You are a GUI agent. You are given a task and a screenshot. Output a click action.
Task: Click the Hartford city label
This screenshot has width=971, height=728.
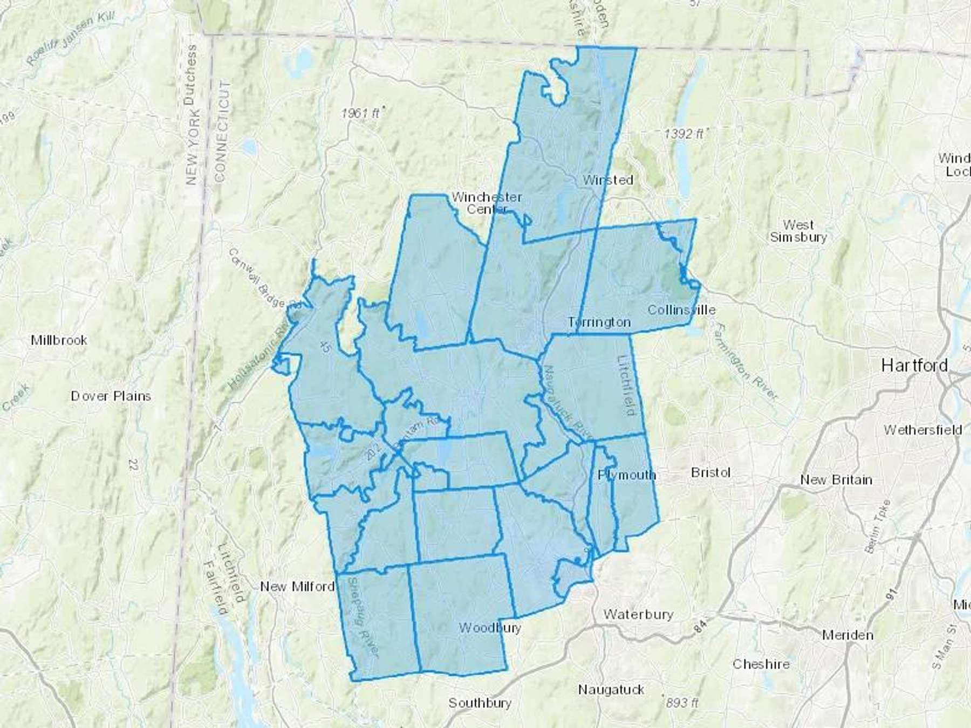click(x=914, y=366)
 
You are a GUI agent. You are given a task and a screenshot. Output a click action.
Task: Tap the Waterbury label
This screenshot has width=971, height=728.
click(x=638, y=614)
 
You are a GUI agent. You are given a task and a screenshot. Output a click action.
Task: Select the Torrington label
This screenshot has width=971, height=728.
click(x=599, y=322)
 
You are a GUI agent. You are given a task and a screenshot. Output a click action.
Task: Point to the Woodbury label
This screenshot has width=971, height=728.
click(x=490, y=628)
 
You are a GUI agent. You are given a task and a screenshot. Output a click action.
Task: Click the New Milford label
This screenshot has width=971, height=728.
click(x=297, y=587)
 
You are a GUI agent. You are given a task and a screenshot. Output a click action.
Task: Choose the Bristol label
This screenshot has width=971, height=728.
click(x=710, y=472)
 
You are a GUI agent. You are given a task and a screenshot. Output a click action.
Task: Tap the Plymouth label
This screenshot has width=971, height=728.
click(x=627, y=475)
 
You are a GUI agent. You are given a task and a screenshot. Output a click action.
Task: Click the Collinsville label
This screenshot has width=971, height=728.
click(x=681, y=310)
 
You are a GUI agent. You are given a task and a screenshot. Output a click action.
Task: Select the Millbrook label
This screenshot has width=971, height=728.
click(x=59, y=340)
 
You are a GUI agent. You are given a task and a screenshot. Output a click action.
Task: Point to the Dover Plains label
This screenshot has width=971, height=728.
click(x=111, y=396)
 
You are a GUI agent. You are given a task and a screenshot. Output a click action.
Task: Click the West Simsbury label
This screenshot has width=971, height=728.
click(x=798, y=230)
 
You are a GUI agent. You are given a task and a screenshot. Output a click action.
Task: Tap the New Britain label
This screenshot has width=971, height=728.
click(x=836, y=480)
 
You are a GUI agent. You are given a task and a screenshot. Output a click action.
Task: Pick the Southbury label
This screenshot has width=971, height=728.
click(x=480, y=703)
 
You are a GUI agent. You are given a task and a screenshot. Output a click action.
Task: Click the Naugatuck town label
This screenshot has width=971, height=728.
click(x=611, y=690)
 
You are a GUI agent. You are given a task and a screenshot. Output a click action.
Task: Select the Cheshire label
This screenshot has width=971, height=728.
click(x=761, y=664)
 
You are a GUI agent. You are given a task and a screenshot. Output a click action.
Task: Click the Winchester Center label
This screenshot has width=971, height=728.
click(x=487, y=203)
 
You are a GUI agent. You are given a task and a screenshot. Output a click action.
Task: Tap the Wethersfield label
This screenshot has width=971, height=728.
click(x=922, y=430)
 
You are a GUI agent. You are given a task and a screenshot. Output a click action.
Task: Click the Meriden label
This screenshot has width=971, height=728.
click(x=847, y=635)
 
